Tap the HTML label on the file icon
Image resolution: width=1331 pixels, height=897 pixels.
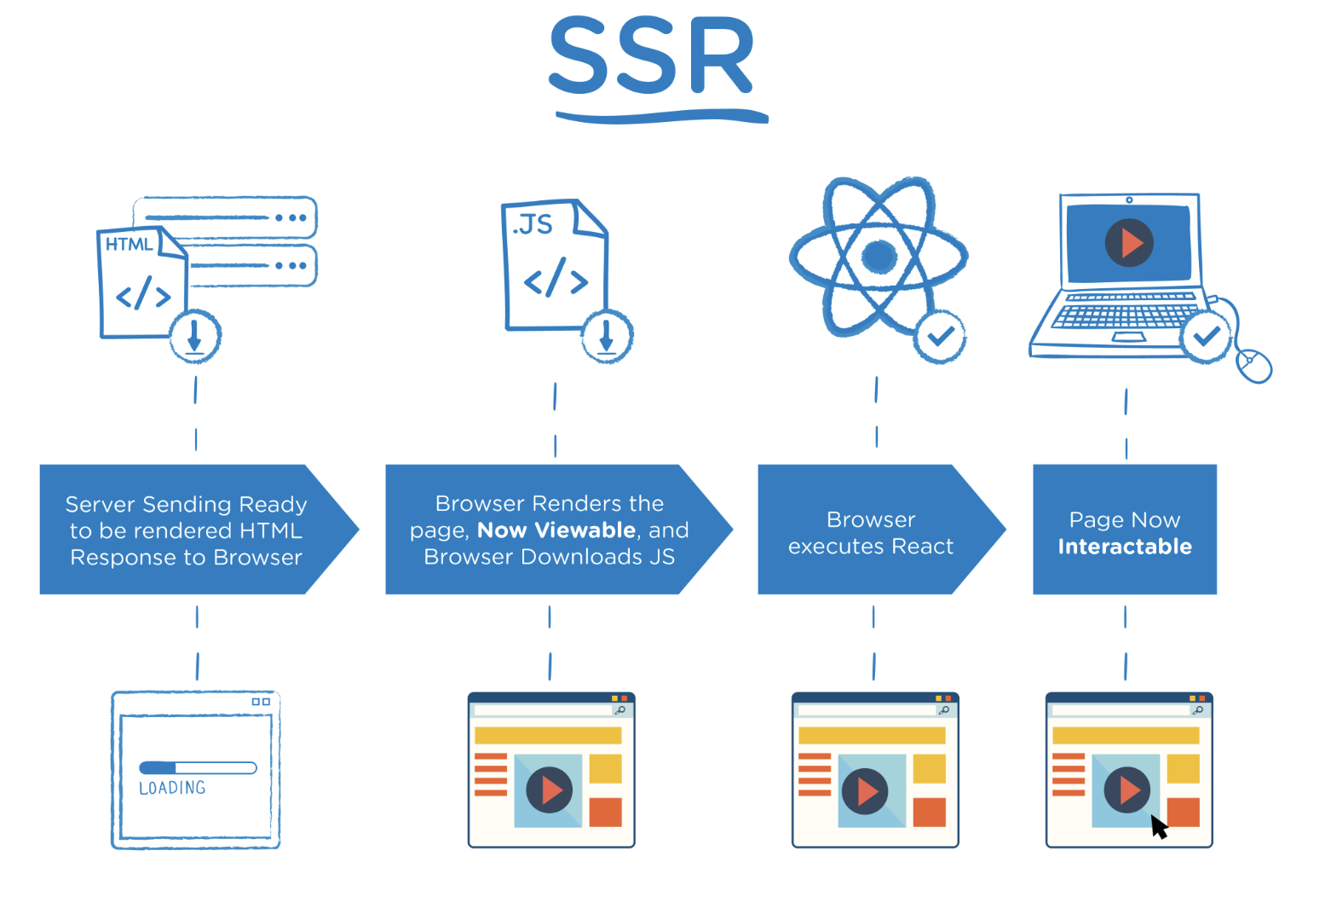coord(129,245)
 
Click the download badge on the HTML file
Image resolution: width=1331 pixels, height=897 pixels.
coord(195,336)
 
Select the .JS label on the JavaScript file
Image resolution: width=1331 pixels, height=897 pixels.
coord(533,225)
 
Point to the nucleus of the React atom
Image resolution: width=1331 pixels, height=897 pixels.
coord(879,255)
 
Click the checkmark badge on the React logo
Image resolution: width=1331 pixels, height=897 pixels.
coord(940,337)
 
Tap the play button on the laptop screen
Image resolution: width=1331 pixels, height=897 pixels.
coord(1129,242)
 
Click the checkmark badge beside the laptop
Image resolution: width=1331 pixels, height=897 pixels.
coord(1206,337)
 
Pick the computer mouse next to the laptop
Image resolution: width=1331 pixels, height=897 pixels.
coord(1254,366)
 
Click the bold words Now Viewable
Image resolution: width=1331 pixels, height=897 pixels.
coord(556,530)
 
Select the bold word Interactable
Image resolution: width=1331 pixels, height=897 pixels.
coord(1125,547)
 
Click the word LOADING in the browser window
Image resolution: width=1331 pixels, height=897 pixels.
coord(172,788)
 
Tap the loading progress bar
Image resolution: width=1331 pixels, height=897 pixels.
coord(198,767)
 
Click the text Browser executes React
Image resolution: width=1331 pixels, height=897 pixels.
coord(870,533)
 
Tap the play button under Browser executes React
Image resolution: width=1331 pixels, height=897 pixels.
coord(866,791)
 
